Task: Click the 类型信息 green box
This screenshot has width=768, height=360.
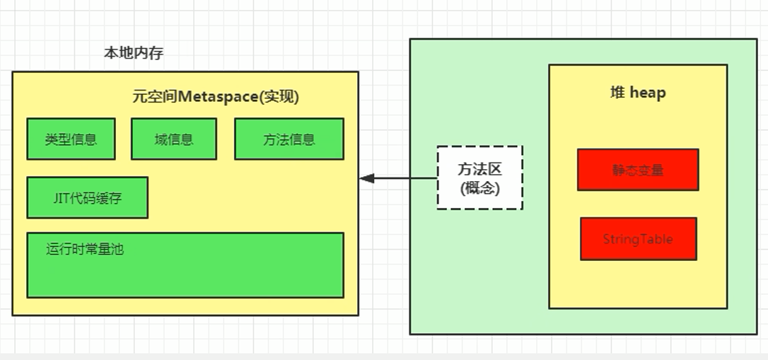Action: (71, 139)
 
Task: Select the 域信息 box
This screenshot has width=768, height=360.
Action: (173, 139)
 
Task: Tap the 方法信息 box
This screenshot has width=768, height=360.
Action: (289, 139)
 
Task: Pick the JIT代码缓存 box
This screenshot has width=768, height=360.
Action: (87, 197)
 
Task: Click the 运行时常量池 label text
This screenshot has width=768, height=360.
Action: (85, 249)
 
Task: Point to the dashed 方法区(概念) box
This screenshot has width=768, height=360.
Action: (479, 178)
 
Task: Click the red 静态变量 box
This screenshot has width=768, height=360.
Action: (638, 170)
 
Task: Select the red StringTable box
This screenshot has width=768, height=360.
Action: (638, 239)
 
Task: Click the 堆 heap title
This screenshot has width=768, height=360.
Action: (637, 93)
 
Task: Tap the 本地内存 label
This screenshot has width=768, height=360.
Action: (134, 53)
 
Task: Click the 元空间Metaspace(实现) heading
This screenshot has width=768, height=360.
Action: (216, 97)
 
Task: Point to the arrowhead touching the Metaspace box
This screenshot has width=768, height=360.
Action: (366, 178)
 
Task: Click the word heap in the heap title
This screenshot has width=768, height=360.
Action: (647, 93)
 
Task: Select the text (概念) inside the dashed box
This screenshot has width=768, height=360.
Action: (479, 188)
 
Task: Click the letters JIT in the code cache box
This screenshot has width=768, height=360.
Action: (62, 198)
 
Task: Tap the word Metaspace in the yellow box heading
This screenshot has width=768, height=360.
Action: (219, 97)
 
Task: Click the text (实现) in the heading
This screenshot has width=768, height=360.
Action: (279, 97)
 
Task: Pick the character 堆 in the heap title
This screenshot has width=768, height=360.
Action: (617, 93)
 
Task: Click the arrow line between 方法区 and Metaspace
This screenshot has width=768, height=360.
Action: (403, 178)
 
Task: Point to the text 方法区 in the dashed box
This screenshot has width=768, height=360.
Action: (479, 170)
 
